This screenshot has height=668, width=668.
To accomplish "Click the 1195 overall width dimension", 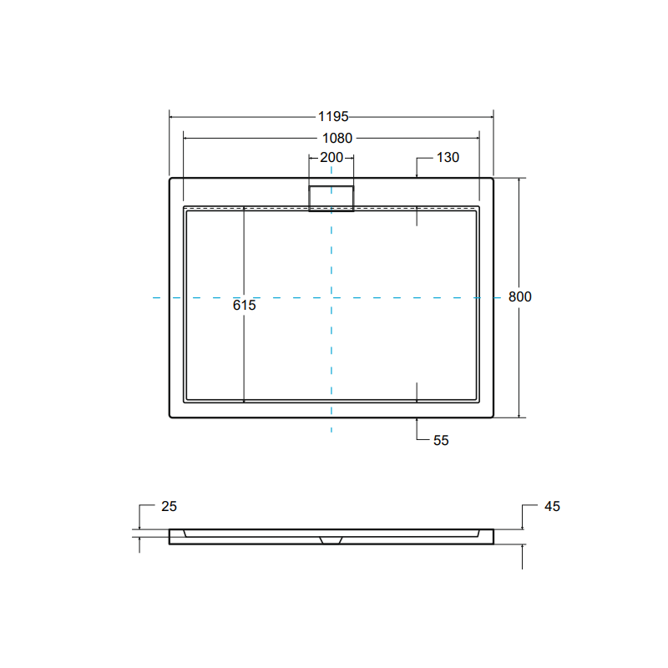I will tap(332, 117).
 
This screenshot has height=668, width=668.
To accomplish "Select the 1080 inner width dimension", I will tap(332, 139).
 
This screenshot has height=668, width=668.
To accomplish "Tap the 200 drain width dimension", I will tap(331, 157).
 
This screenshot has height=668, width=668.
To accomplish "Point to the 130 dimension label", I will tap(448, 157).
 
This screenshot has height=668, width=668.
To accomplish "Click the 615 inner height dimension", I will tap(245, 306).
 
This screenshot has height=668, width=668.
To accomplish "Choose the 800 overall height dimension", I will tap(520, 296).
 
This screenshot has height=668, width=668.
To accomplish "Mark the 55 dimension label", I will tap(441, 440).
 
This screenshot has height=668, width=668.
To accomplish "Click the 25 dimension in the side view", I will tap(169, 506).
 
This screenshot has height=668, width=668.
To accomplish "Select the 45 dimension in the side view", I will tap(551, 506).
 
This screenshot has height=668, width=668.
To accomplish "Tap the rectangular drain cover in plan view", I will tap(331, 198).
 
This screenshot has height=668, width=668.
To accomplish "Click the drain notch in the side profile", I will tap(331, 539).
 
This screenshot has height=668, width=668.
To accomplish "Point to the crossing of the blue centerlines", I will tap(331, 296).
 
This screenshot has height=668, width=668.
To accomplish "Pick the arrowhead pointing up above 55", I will tap(417, 421).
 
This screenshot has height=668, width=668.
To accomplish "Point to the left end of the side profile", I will tap(171, 536).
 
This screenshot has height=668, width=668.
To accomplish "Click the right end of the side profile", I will tap(492, 536).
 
